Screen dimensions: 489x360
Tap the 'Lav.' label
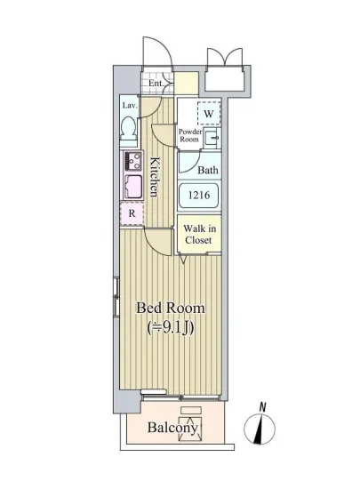pyautogui.click(x=129, y=105)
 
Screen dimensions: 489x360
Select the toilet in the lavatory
pyautogui.click(x=130, y=132)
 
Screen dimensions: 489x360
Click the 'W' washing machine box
pyautogui.click(x=208, y=114)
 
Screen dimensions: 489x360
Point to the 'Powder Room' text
pyautogui.click(x=189, y=136)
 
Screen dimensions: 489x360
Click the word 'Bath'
pyautogui.click(x=208, y=170)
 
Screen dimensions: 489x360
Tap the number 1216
pyautogui.click(x=199, y=196)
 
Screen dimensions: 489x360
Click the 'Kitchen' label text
pyautogui.click(x=154, y=176)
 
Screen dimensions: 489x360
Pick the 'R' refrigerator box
pyautogui.click(x=132, y=213)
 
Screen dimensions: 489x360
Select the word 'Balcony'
pyautogui.click(x=172, y=429)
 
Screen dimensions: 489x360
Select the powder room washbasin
pyautogui.click(x=210, y=138)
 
